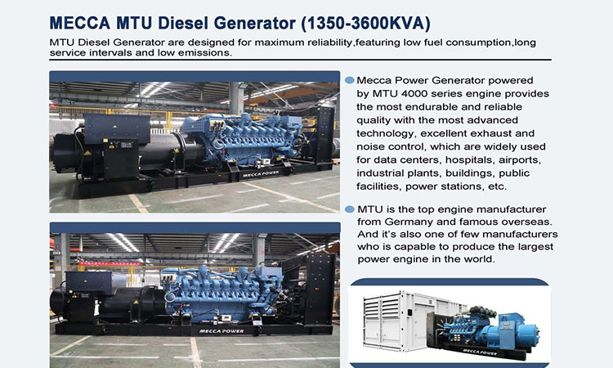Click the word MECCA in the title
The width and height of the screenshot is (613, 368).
(80, 23)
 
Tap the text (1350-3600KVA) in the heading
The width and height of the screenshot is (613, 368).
(365, 24)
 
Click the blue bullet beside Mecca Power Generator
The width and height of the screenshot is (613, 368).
(350, 80)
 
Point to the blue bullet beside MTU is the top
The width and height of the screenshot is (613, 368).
(350, 209)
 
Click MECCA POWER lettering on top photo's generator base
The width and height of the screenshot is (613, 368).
(261, 174)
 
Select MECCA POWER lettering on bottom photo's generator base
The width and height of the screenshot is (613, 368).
(221, 331)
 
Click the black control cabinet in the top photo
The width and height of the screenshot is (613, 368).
(121, 159)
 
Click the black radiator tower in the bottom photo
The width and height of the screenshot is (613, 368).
(320, 289)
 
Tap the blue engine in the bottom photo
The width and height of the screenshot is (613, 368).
(222, 290)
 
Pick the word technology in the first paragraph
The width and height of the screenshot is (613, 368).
(386, 134)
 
